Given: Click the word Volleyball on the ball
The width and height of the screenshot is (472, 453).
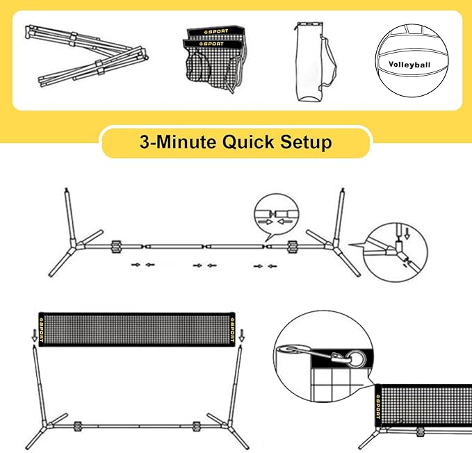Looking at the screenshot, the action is (x=409, y=65).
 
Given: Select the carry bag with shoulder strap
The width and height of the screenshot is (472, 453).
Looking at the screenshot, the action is (x=314, y=61).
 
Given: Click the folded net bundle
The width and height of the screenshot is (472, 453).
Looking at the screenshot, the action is (x=215, y=59).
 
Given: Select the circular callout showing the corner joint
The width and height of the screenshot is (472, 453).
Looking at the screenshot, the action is (x=395, y=252).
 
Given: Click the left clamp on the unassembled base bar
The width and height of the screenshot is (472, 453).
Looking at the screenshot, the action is (x=116, y=247).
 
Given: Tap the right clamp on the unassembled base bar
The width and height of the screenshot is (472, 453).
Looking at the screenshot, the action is (x=292, y=247).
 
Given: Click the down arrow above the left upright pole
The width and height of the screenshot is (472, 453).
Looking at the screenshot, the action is (x=35, y=335).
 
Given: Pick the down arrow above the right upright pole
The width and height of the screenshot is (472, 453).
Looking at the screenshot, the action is (x=241, y=335).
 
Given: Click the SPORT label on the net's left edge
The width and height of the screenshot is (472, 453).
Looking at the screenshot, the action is (x=42, y=329).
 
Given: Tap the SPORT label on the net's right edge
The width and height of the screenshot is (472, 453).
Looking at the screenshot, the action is (x=232, y=329).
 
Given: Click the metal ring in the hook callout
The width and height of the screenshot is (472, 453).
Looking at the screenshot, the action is (x=357, y=359).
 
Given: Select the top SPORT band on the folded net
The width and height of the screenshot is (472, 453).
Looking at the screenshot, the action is (x=216, y=31).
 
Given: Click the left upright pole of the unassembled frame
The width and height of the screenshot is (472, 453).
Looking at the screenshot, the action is (x=70, y=216).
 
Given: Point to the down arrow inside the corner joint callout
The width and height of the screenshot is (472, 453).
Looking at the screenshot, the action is (x=407, y=233).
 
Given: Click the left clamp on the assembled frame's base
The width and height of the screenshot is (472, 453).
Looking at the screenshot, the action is (x=78, y=426).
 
